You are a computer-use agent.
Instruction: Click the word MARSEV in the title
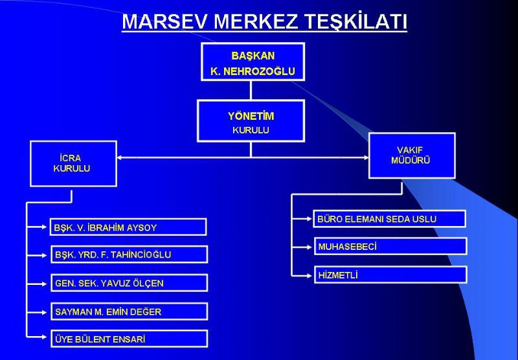coord(165,22)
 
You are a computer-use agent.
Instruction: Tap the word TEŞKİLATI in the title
coord(355,22)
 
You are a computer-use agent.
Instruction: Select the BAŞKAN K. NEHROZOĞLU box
coord(253,62)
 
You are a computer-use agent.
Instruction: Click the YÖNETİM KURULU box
coord(251,121)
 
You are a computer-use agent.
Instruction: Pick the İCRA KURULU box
coord(73,164)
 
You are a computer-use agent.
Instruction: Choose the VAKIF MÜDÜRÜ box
coord(412,155)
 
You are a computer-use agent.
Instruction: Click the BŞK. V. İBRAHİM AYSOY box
coord(128,227)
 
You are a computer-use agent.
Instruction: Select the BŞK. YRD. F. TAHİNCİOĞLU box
coord(129,254)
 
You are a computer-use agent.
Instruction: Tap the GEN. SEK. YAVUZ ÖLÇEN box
coord(129,283)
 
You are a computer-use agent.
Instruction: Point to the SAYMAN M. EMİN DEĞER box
coord(129,311)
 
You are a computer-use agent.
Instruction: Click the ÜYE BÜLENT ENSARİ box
coord(129,339)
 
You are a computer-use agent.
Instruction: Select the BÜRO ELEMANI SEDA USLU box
coord(390,219)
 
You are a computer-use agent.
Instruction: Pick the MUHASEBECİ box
coord(390,246)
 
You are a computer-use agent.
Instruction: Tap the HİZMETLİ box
coord(390,275)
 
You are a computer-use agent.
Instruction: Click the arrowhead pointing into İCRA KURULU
coord(120,157)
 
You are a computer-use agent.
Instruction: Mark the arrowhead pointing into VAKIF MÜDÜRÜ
coord(366,157)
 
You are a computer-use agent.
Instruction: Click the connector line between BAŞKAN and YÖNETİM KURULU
coord(251,91)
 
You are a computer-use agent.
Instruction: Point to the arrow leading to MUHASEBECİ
coord(302,247)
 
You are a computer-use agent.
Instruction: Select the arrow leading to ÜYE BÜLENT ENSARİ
coord(37,337)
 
